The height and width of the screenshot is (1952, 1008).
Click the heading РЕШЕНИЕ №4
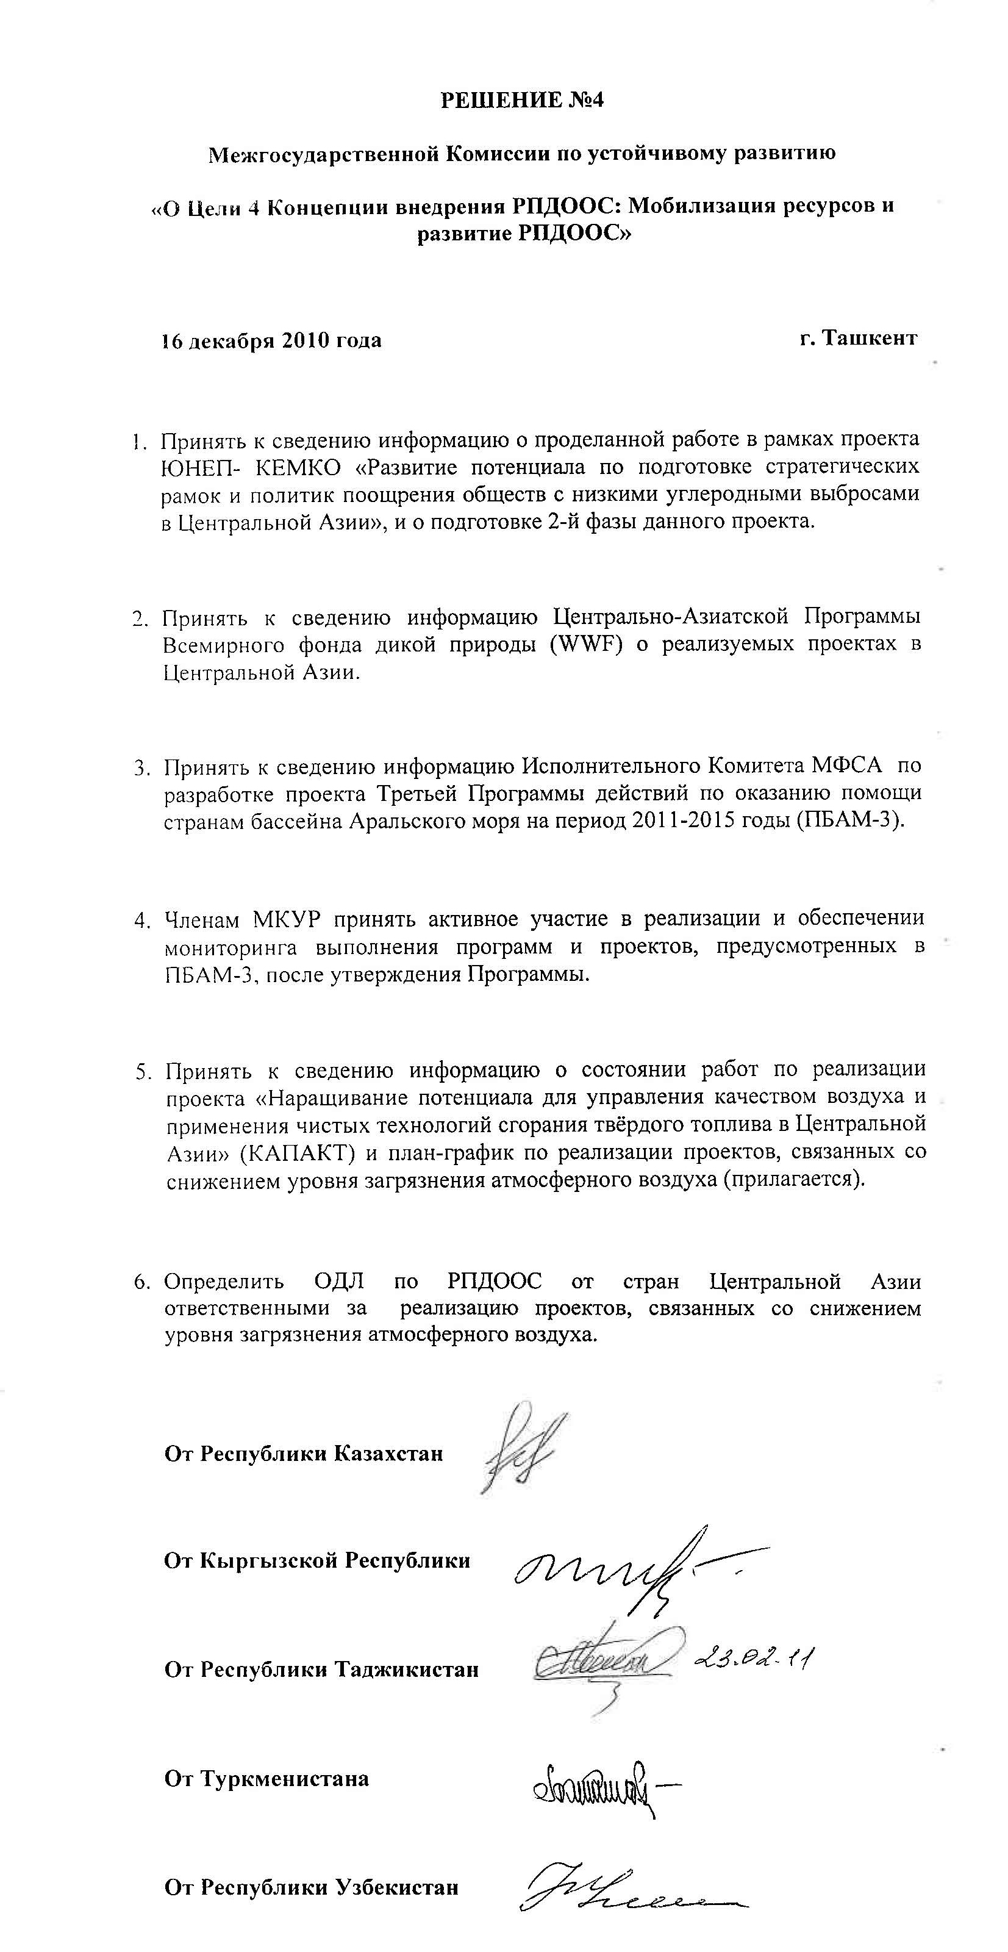pos(523,101)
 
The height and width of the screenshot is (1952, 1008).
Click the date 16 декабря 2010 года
pos(271,340)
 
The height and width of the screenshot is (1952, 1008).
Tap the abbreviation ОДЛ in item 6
pos(338,1282)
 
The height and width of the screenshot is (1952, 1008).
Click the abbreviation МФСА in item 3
pos(846,766)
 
